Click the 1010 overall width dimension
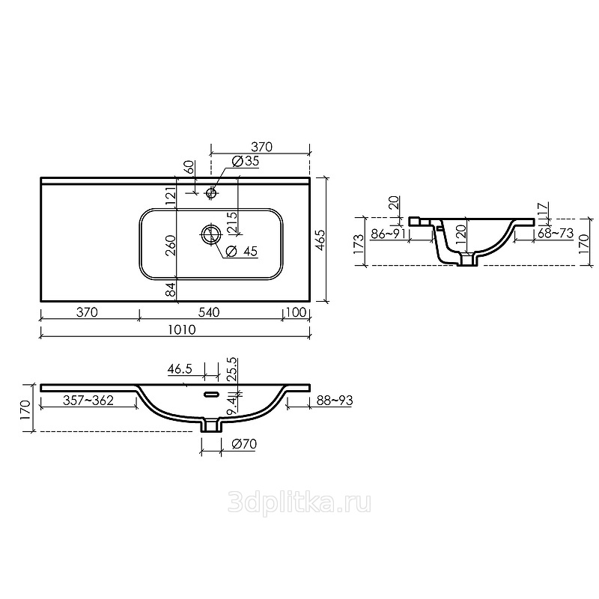click(x=182, y=329)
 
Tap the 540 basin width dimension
click(x=209, y=312)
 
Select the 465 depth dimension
click(x=320, y=240)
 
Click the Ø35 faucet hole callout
click(x=246, y=161)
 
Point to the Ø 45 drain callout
click(x=241, y=251)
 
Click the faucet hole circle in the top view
click(x=211, y=192)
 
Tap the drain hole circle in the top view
click(x=211, y=234)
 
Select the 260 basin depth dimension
click(x=171, y=246)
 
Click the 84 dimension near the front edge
click(x=171, y=289)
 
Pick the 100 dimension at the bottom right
click(x=296, y=312)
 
